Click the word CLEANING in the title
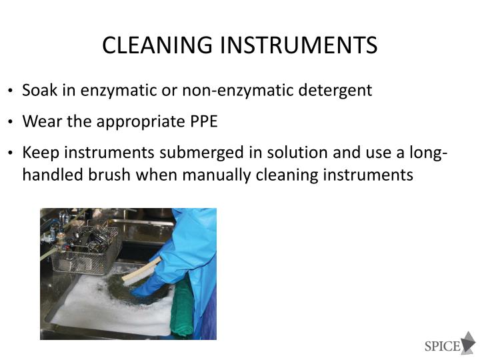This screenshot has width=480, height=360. click(x=144, y=45)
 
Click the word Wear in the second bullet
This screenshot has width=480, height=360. click(x=39, y=122)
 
